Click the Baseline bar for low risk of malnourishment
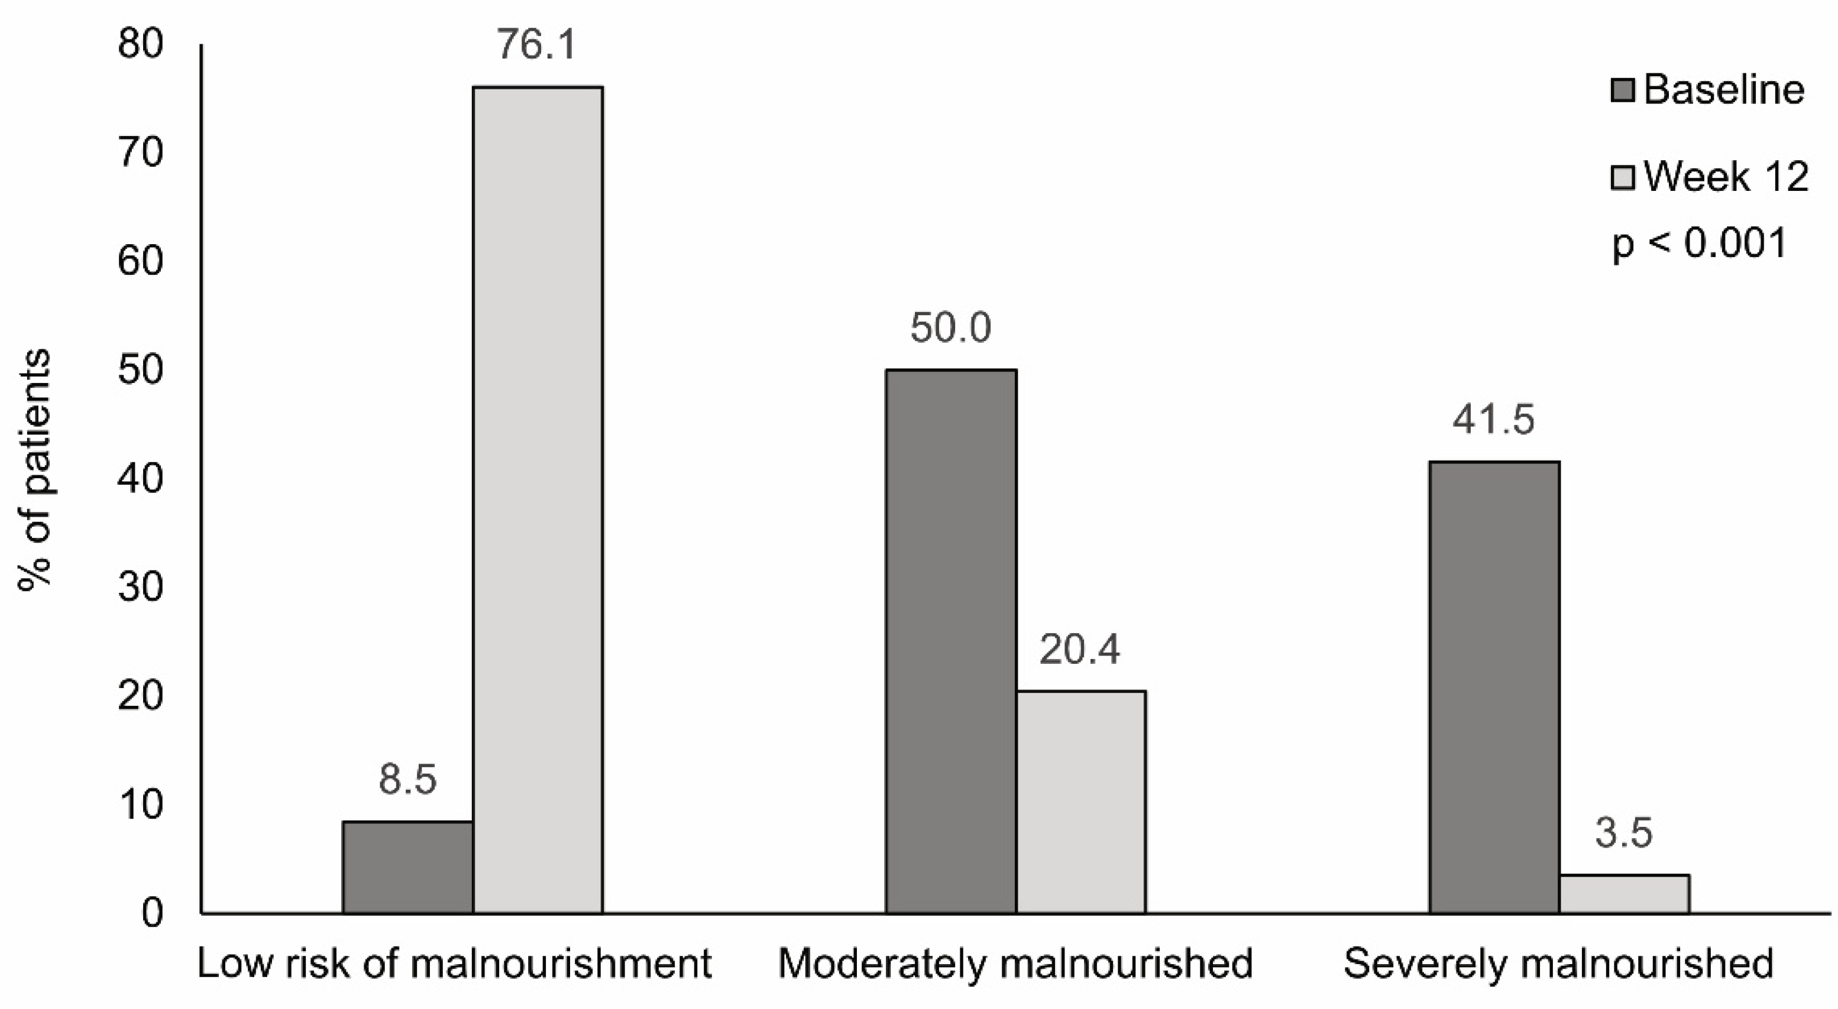(x=407, y=867)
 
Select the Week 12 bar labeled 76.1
(x=538, y=499)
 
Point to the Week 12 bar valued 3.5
(x=1624, y=894)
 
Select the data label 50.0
(x=950, y=328)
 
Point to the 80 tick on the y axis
(x=141, y=44)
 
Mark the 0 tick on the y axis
(x=151, y=913)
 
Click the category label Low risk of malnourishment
(x=455, y=963)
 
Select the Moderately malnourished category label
(x=1015, y=963)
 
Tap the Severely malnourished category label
(x=1557, y=963)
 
